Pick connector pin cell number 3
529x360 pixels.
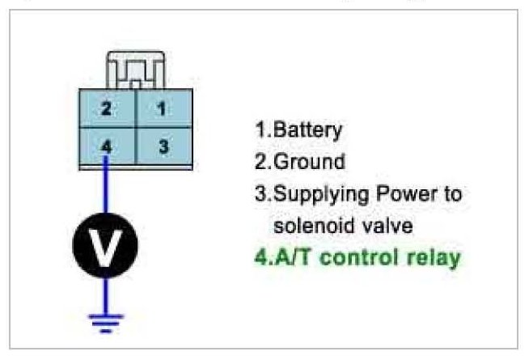163,147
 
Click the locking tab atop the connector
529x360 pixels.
135,70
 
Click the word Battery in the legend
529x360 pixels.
309,129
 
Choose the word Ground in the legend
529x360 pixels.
310,161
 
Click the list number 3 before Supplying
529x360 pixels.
260,194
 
